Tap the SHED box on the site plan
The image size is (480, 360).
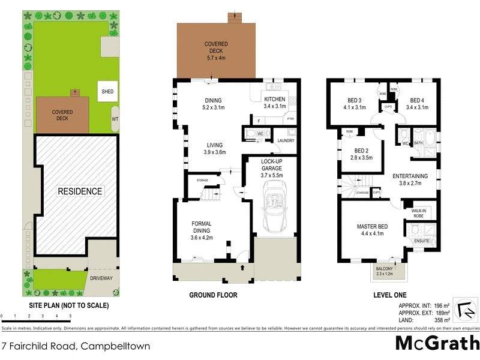click(107, 92)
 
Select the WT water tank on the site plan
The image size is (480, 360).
click(115, 119)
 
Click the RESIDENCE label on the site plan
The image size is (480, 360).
click(80, 191)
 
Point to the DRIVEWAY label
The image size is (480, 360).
click(101, 278)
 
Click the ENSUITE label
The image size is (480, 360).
click(421, 241)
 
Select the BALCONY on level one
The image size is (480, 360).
click(384, 271)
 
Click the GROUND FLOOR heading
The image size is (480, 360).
click(213, 295)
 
